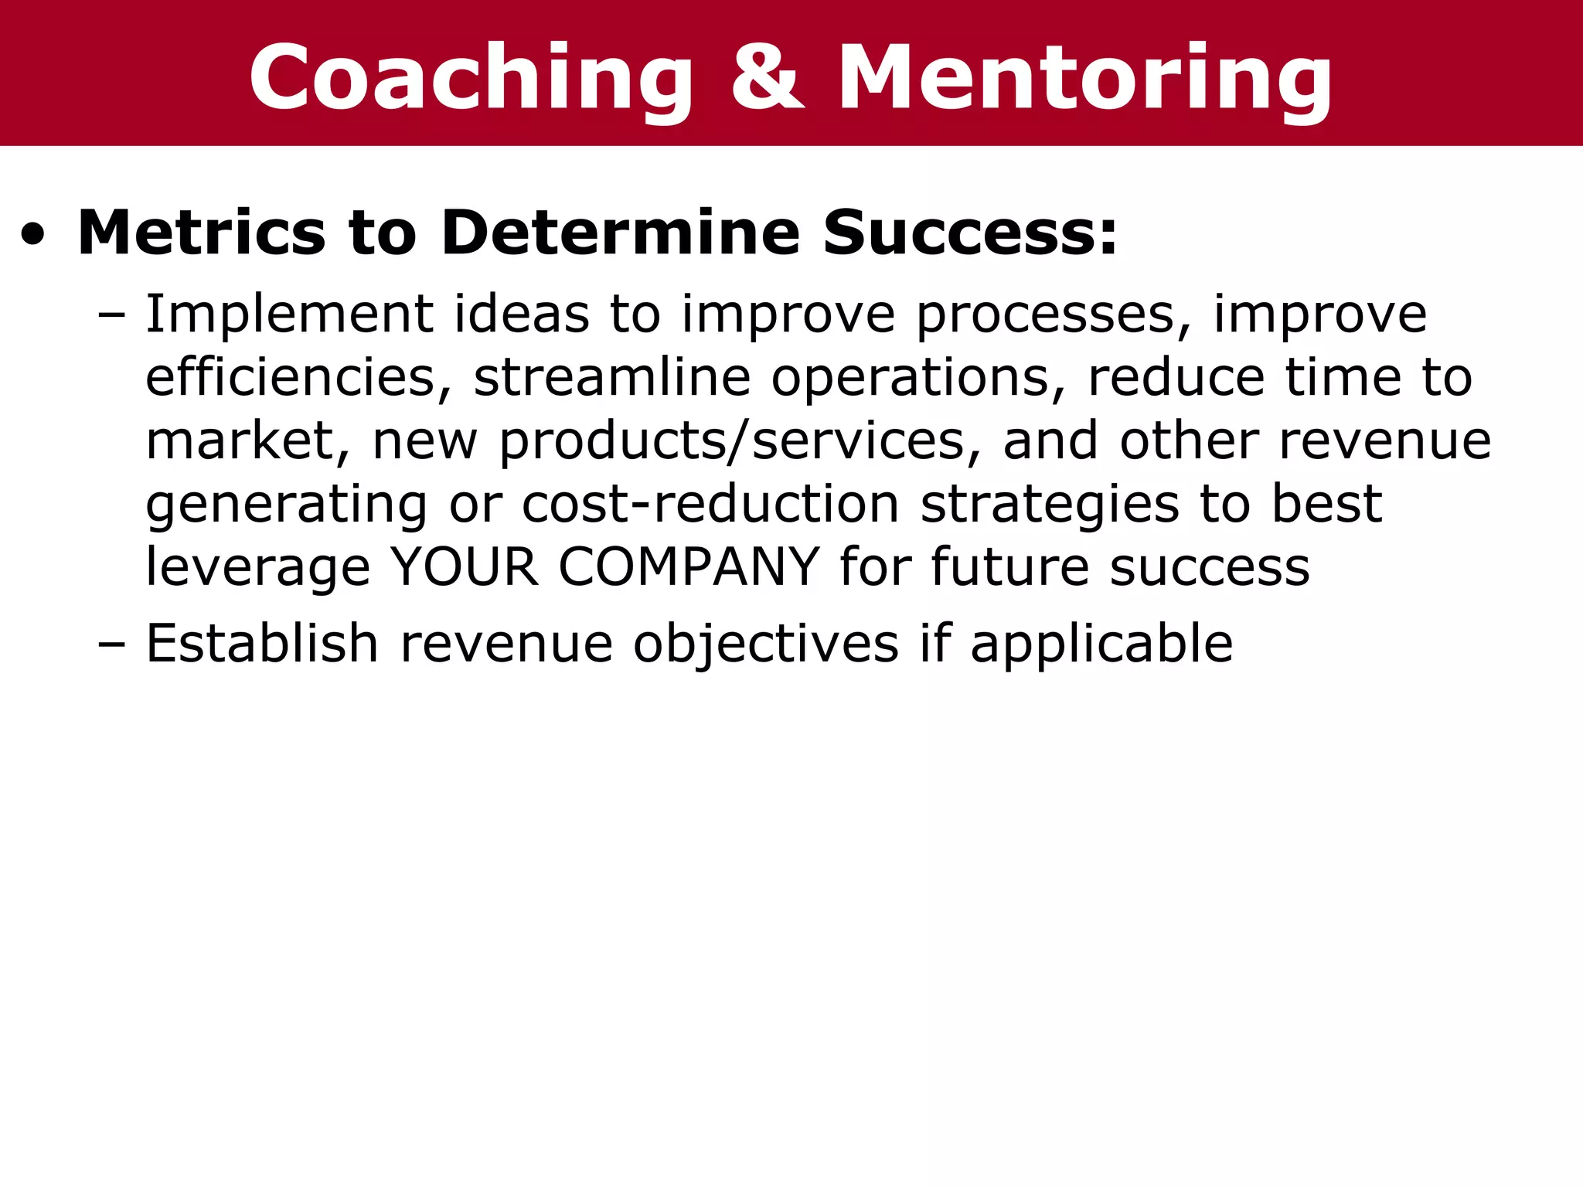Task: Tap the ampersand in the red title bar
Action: (x=767, y=77)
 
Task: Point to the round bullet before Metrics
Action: (x=33, y=235)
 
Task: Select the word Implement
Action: (x=289, y=315)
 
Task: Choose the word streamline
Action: (x=611, y=378)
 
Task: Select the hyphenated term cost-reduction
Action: (x=710, y=505)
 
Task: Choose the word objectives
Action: (x=766, y=644)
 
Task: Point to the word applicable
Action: (x=1101, y=644)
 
